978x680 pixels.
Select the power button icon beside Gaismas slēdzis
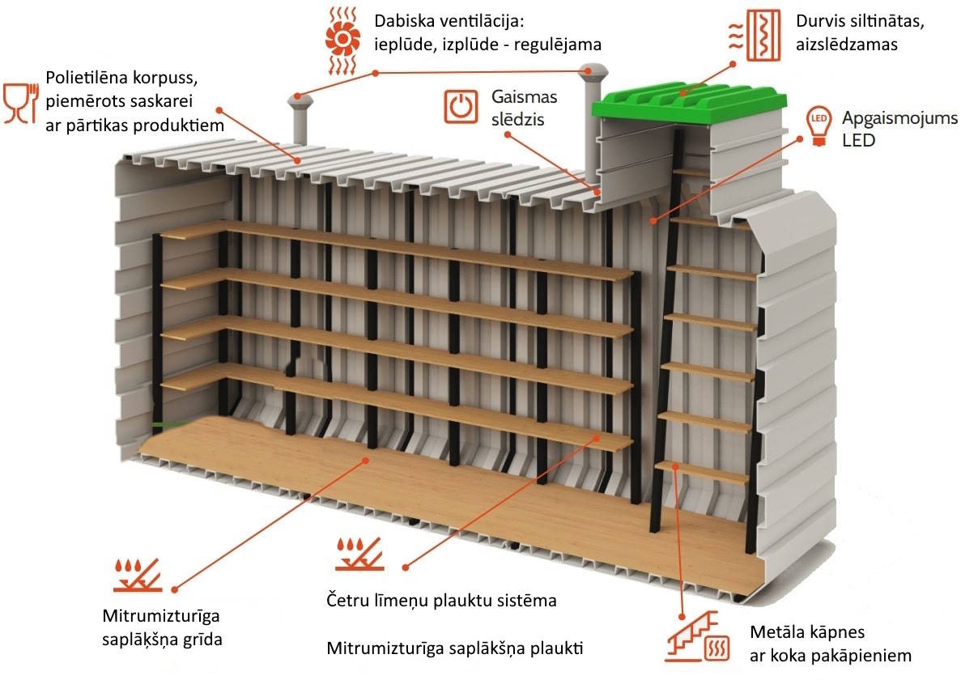pos(460,107)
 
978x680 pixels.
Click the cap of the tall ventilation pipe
pos(595,70)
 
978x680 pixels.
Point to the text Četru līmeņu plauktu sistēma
pos(441,601)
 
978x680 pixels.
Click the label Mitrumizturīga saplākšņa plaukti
pos(455,648)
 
